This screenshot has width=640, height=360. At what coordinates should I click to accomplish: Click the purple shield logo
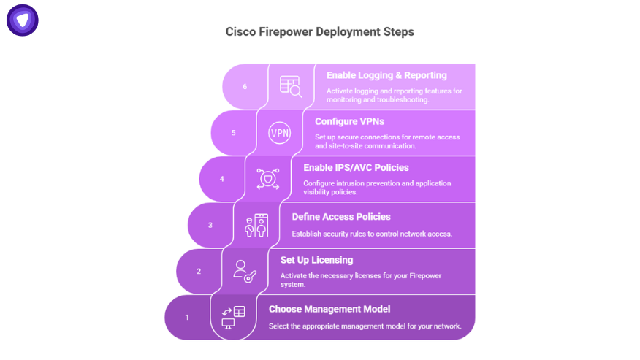click(x=23, y=20)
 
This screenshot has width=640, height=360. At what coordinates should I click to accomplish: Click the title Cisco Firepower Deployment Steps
click(x=319, y=32)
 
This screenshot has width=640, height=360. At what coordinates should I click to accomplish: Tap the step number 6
click(x=245, y=86)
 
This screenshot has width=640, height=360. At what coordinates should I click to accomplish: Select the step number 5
click(x=234, y=133)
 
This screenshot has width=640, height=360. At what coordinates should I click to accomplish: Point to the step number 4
click(x=222, y=179)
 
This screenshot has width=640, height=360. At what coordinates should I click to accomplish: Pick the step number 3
click(x=210, y=225)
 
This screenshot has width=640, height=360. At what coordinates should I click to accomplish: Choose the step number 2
click(x=199, y=271)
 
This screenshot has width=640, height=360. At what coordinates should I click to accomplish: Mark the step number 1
click(x=187, y=317)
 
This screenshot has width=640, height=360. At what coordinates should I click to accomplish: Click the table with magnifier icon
click(x=291, y=86)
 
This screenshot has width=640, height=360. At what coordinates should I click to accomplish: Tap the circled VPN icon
click(x=280, y=133)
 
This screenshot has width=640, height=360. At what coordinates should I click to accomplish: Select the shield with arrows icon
click(x=267, y=179)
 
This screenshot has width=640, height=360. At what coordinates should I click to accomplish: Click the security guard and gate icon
click(x=256, y=226)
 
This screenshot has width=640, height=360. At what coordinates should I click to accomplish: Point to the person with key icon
click(x=245, y=272)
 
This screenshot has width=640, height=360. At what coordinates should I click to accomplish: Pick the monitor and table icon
click(x=233, y=318)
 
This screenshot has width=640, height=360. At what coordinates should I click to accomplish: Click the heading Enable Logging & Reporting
click(x=386, y=75)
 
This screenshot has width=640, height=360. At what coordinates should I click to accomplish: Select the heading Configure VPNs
click(x=349, y=122)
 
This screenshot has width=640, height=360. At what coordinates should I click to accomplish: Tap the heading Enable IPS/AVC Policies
click(x=356, y=168)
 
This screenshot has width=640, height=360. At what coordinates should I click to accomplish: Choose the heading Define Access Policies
click(x=341, y=217)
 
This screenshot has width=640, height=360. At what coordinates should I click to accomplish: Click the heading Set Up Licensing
click(x=317, y=261)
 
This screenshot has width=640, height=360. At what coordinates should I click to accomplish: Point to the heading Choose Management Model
click(x=329, y=309)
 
